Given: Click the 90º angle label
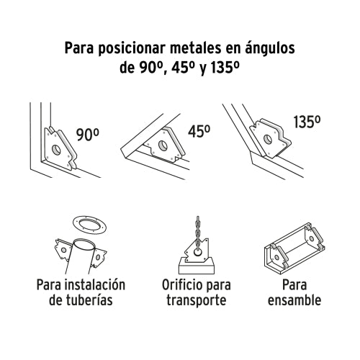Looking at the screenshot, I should [x=88, y=133].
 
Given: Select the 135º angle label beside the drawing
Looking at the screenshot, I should [x=305, y=123].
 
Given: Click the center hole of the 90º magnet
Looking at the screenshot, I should [x=55, y=148].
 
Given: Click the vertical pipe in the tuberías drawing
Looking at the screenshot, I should [x=78, y=256].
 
